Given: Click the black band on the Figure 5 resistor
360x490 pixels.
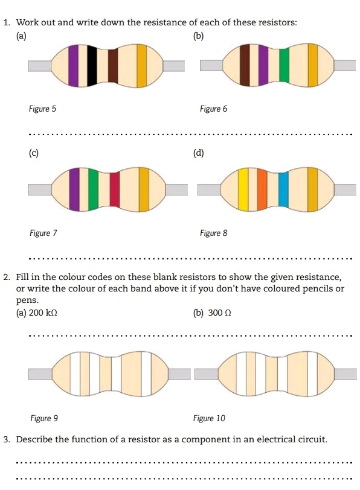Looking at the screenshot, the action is click(x=92, y=66).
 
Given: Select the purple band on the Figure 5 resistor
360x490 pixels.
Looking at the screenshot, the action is click(x=74, y=66).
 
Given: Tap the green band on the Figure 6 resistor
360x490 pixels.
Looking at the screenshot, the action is click(x=284, y=65).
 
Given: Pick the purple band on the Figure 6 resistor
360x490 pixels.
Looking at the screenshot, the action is click(x=263, y=65).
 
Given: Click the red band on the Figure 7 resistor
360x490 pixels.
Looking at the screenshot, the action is click(x=115, y=189).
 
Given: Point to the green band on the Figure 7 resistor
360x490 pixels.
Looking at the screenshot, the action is click(x=93, y=189).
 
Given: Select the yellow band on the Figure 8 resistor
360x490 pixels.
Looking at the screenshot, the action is click(x=243, y=189).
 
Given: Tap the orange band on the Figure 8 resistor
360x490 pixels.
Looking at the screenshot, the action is click(x=262, y=189).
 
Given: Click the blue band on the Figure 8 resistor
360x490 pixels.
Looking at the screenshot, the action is click(x=283, y=189).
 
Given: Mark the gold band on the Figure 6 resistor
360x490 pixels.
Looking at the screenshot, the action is click(x=313, y=65).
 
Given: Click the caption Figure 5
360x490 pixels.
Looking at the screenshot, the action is click(x=42, y=109).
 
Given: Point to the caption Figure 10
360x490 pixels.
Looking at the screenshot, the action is click(x=209, y=418).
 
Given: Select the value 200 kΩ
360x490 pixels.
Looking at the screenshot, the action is click(x=43, y=313).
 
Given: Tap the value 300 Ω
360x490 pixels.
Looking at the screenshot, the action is click(x=220, y=313).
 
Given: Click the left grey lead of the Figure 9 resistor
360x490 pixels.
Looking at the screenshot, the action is click(x=40, y=374).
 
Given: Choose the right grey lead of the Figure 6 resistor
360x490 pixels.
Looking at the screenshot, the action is click(x=345, y=65).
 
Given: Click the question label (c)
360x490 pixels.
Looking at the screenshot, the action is click(x=33, y=153).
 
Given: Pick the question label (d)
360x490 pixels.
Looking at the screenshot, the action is click(x=199, y=153).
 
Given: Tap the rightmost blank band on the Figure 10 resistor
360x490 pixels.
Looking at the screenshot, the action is click(x=312, y=374).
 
